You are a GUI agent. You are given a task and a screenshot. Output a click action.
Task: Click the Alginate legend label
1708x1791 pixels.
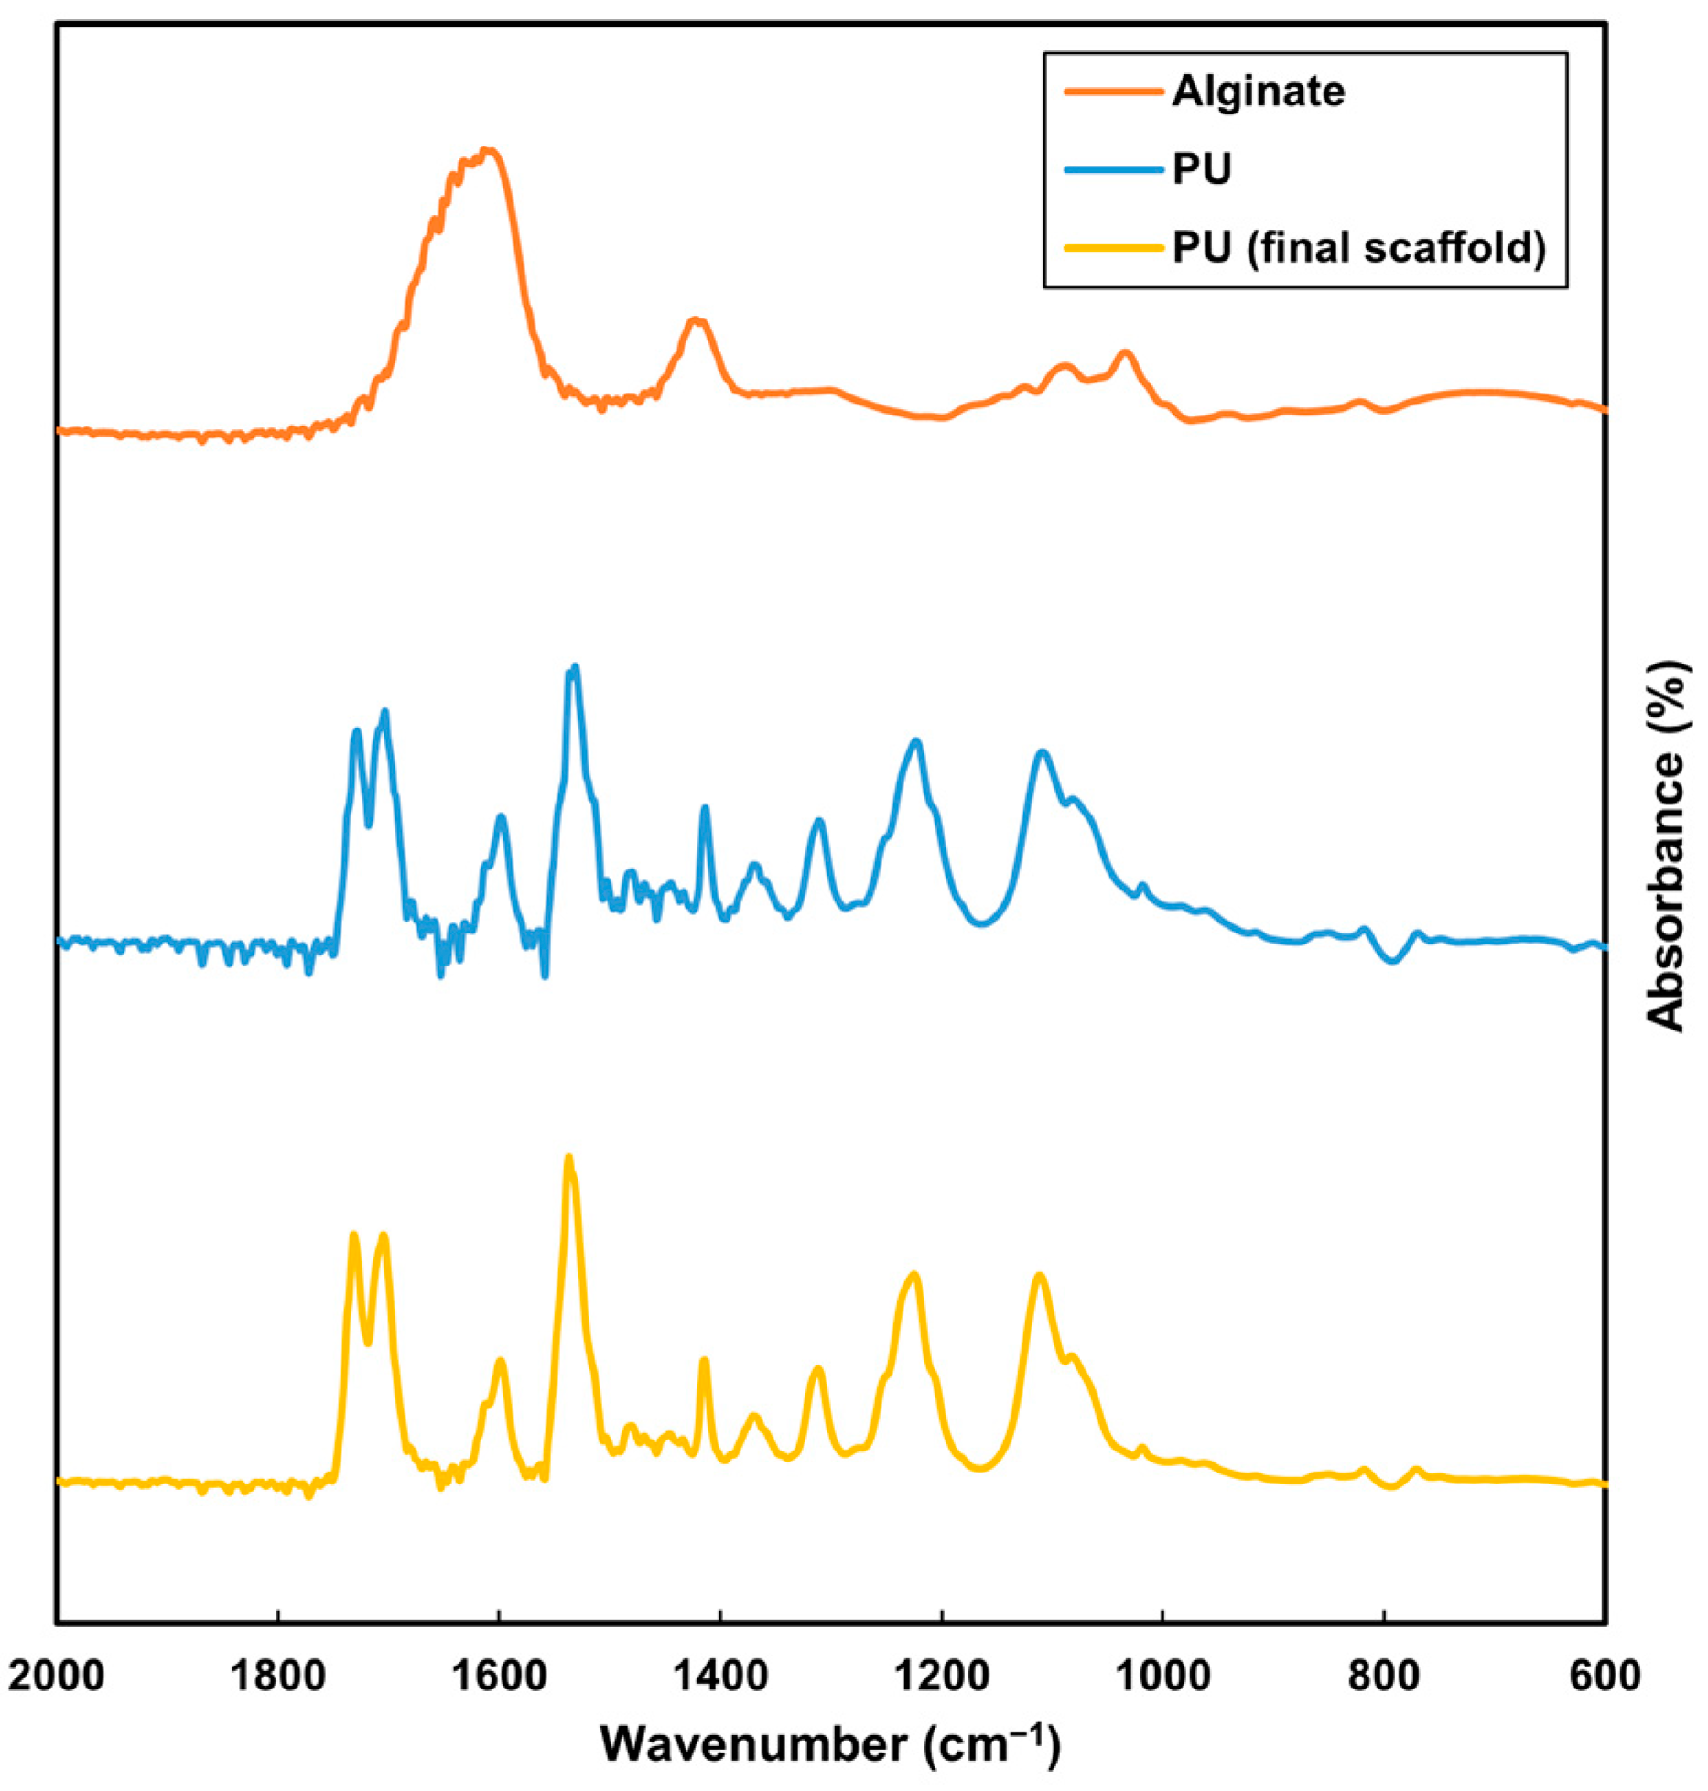[x=1258, y=92]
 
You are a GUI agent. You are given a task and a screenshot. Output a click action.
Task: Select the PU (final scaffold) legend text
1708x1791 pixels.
[x=1359, y=247]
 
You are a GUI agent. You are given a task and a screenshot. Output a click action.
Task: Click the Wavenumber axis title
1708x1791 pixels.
[x=829, y=1743]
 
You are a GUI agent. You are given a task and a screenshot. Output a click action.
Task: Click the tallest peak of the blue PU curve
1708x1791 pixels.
[x=575, y=667]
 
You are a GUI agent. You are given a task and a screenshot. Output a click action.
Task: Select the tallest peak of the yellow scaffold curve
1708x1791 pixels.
[x=568, y=1157]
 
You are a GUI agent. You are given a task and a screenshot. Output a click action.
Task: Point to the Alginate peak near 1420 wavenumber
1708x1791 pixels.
[x=696, y=319]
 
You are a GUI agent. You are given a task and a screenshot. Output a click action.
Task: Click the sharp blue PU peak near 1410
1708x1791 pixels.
[x=705, y=807]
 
